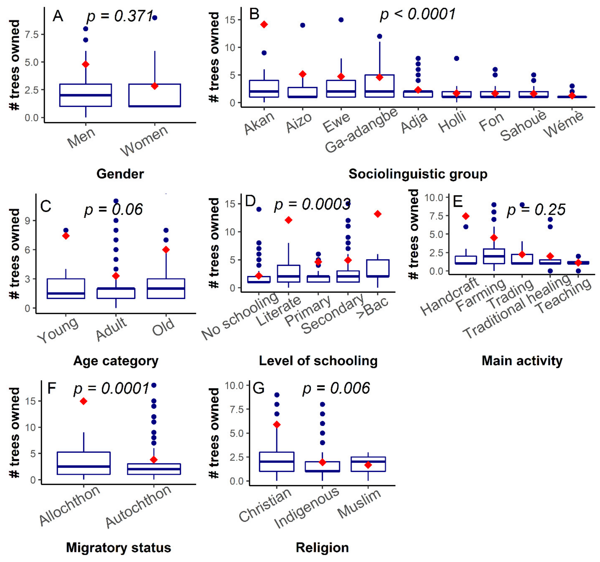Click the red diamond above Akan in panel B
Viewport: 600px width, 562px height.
(x=264, y=24)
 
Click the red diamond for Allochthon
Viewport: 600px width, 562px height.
(x=84, y=401)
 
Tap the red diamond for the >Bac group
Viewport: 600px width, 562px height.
(x=377, y=214)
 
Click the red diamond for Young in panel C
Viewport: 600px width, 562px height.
(x=66, y=236)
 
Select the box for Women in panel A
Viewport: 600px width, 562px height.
(x=155, y=95)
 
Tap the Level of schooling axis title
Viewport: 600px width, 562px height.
(x=318, y=361)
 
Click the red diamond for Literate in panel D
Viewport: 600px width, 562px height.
(x=288, y=220)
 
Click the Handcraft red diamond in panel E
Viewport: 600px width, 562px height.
(x=466, y=216)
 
